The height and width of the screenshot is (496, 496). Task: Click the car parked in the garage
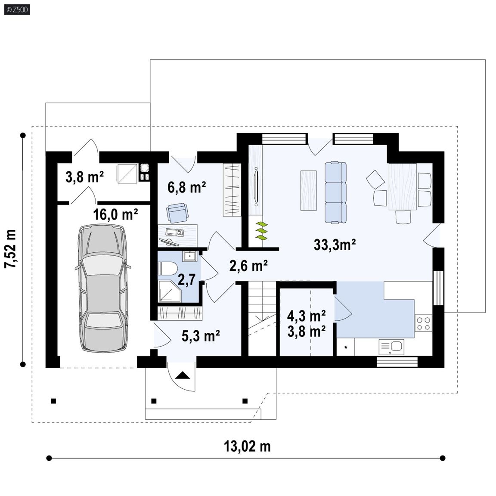coord(103,288)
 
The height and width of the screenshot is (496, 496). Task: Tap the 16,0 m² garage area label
coord(115,214)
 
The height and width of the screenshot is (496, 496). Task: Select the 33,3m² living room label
coord(335,245)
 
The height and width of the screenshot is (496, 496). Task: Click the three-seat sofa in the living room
coord(336,192)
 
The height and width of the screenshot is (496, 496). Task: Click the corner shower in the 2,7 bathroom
coord(169,291)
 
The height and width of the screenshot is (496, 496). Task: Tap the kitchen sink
coord(391,347)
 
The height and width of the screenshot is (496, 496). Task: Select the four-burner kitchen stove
coord(424,323)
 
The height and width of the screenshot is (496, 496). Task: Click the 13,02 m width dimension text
coord(248,446)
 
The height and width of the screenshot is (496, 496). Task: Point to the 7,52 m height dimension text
coord(10,249)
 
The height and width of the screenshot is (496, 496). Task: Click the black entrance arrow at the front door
coord(182,375)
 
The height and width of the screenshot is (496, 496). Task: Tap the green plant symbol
coord(262,231)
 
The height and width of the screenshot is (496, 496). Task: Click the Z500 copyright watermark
coord(17,9)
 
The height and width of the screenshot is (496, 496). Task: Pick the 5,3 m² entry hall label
coord(201,336)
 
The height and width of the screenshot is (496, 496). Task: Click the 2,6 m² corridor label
coord(248,266)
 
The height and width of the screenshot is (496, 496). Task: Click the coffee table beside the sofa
coord(308,190)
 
